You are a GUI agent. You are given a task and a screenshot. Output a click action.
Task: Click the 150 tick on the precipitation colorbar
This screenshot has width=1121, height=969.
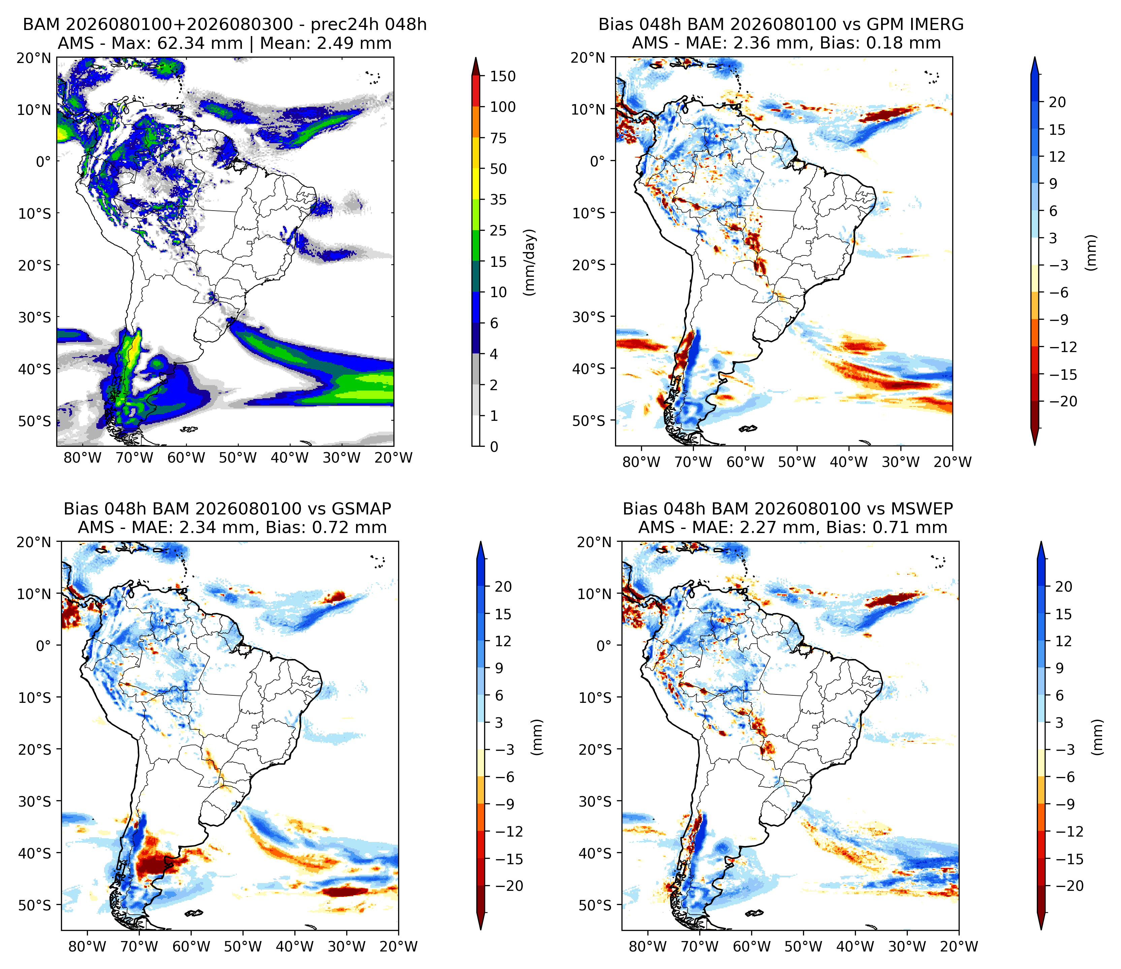click(503, 76)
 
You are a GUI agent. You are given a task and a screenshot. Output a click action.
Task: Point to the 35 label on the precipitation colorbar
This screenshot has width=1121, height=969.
click(498, 200)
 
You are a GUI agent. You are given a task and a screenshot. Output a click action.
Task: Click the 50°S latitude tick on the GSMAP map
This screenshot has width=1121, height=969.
click(37, 906)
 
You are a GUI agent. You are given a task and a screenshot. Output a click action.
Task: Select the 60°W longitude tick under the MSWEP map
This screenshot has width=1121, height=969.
click(752, 946)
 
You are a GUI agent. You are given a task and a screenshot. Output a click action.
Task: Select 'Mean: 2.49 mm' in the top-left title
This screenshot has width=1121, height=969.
click(326, 43)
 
